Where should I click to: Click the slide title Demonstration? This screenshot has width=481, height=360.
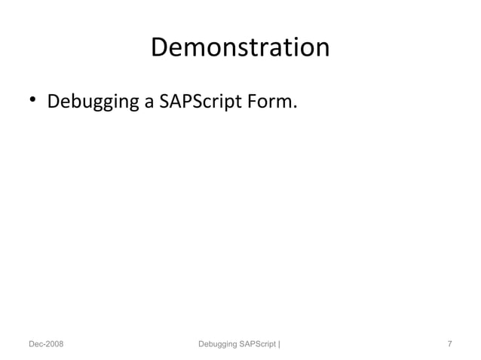click(x=240, y=47)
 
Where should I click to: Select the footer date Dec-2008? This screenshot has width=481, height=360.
click(x=46, y=344)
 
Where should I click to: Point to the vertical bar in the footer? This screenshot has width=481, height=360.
click(x=280, y=344)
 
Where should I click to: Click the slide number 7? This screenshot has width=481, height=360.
click(x=449, y=344)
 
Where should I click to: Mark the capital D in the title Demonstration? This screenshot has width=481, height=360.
click(x=159, y=47)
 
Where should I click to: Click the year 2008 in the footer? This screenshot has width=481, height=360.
click(x=54, y=344)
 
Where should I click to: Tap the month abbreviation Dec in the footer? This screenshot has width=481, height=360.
click(x=35, y=344)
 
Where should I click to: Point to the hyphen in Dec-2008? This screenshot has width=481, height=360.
click(x=44, y=345)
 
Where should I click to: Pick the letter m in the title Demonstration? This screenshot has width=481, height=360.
click(x=192, y=50)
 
